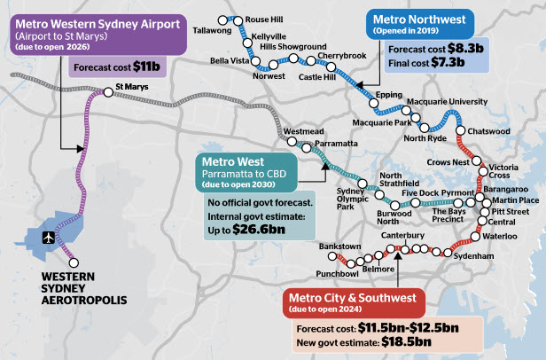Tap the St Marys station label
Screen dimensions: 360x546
pos(132,89)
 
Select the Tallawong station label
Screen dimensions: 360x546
pos(212,29)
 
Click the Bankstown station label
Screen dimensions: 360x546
pos(338,244)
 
